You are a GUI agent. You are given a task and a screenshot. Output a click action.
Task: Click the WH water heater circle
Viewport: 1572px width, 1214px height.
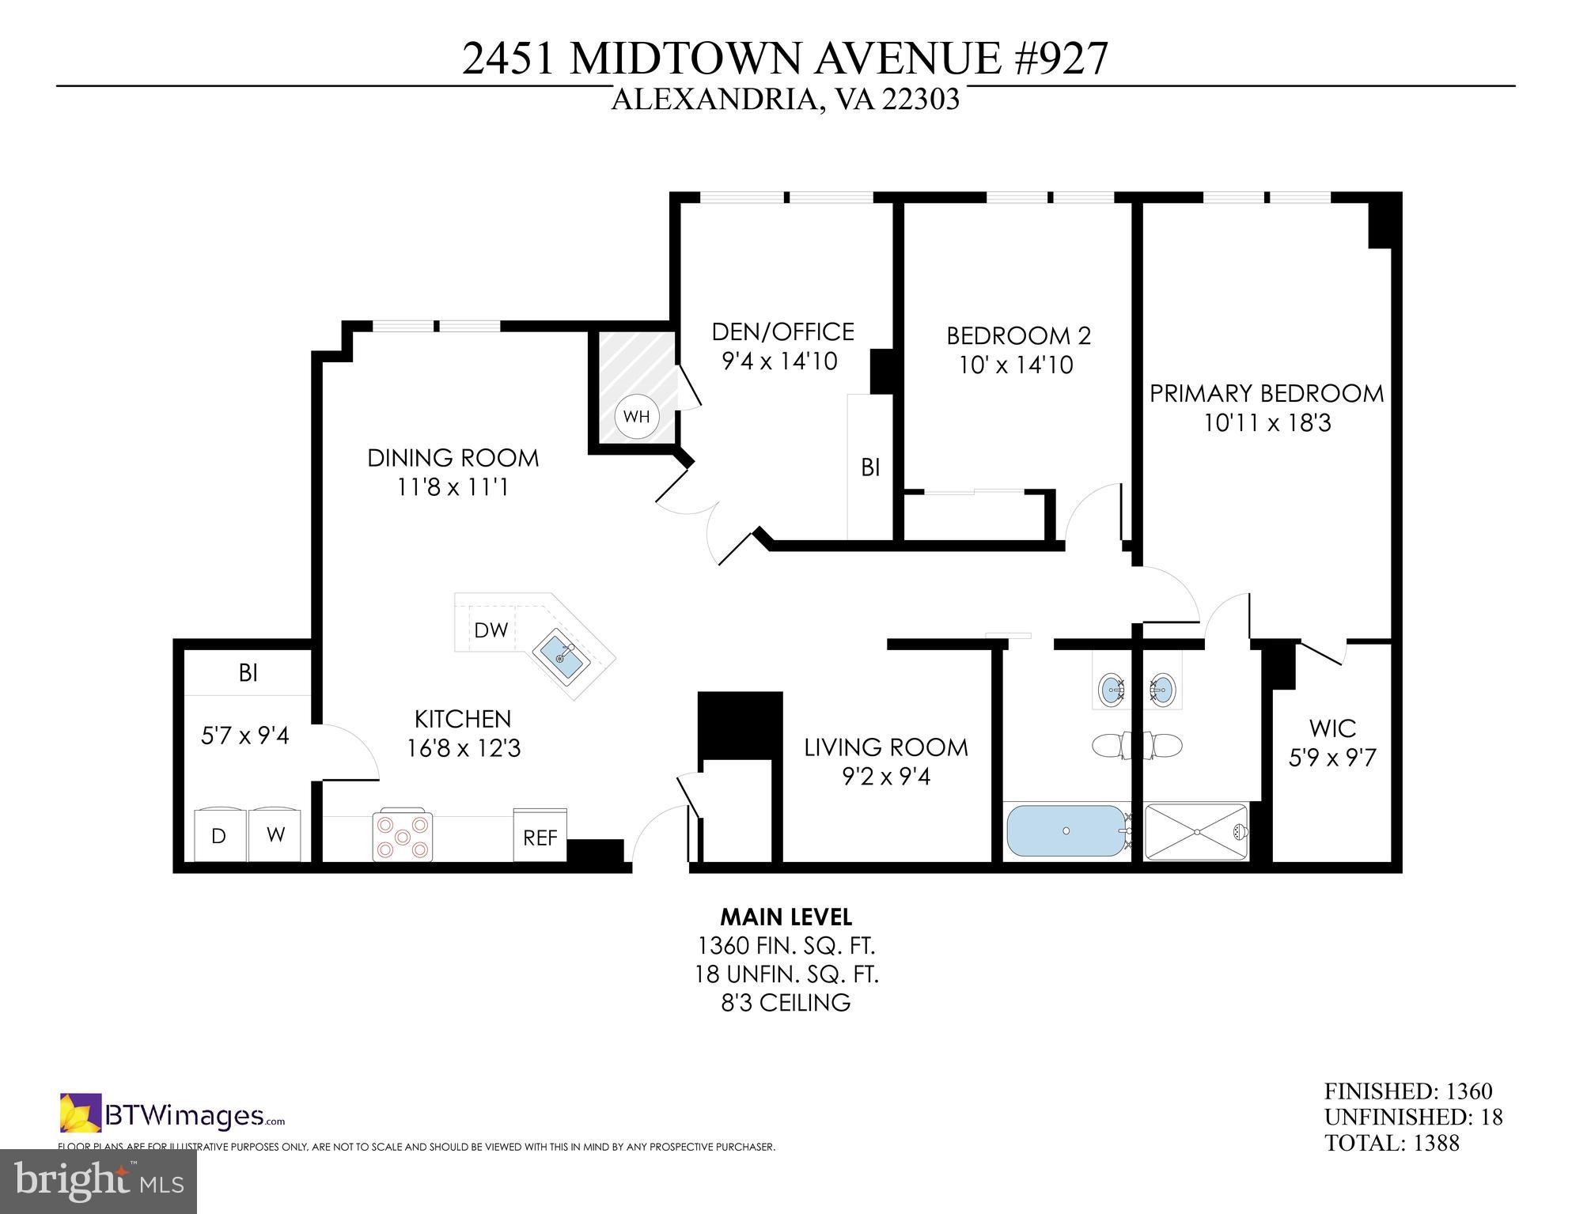[636, 416]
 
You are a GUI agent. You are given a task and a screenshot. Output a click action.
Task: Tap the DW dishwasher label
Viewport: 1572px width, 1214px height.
[491, 630]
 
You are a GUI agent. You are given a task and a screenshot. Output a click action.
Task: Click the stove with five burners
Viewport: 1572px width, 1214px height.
[403, 835]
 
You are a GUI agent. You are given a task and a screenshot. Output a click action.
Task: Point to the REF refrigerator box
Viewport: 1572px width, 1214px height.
[540, 837]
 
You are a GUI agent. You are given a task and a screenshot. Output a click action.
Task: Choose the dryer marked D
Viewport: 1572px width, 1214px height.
[219, 835]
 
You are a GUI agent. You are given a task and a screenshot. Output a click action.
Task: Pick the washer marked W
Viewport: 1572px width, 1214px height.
[275, 835]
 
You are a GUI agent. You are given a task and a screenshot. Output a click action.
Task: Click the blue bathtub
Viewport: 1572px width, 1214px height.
[1065, 831]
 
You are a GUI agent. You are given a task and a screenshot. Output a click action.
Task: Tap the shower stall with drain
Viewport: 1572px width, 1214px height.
[1196, 832]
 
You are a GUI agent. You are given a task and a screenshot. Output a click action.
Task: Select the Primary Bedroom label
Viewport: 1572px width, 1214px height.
[1267, 393]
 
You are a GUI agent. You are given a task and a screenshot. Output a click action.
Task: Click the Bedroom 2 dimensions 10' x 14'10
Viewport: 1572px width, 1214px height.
[1016, 365]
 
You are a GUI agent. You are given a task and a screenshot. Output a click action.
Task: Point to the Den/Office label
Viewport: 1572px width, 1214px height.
[783, 331]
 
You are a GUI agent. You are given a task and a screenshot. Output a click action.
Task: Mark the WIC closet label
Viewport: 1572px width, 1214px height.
[1332, 728]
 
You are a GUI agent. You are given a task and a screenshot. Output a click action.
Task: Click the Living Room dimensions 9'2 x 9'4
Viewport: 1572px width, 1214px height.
[886, 777]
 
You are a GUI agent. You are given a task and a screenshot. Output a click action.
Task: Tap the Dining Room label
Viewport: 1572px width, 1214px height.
[453, 458]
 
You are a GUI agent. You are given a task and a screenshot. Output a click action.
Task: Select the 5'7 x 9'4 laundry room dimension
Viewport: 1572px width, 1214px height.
[245, 736]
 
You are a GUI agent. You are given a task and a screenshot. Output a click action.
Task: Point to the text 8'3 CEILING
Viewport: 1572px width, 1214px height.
[786, 1003]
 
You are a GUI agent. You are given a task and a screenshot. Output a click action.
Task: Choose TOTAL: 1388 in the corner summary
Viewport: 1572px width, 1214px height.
[1392, 1143]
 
